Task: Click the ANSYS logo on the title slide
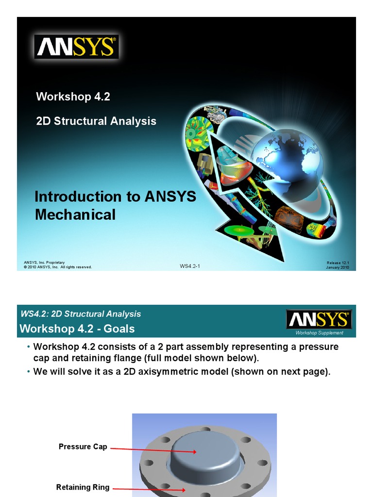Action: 76,47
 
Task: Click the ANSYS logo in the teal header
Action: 319,320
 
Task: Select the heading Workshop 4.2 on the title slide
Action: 73,97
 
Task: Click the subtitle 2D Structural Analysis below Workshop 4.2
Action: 96,121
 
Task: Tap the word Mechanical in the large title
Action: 75,215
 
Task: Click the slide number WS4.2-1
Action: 190,266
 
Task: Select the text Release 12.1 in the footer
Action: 338,263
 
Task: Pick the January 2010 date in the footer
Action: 338,267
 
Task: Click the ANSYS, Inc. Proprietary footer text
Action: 44,262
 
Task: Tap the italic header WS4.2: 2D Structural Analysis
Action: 81,314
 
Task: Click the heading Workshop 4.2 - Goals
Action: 77,329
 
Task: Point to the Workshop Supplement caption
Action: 320,333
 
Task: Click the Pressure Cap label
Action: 83,447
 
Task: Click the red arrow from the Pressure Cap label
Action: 153,450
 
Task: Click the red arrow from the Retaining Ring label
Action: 148,489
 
